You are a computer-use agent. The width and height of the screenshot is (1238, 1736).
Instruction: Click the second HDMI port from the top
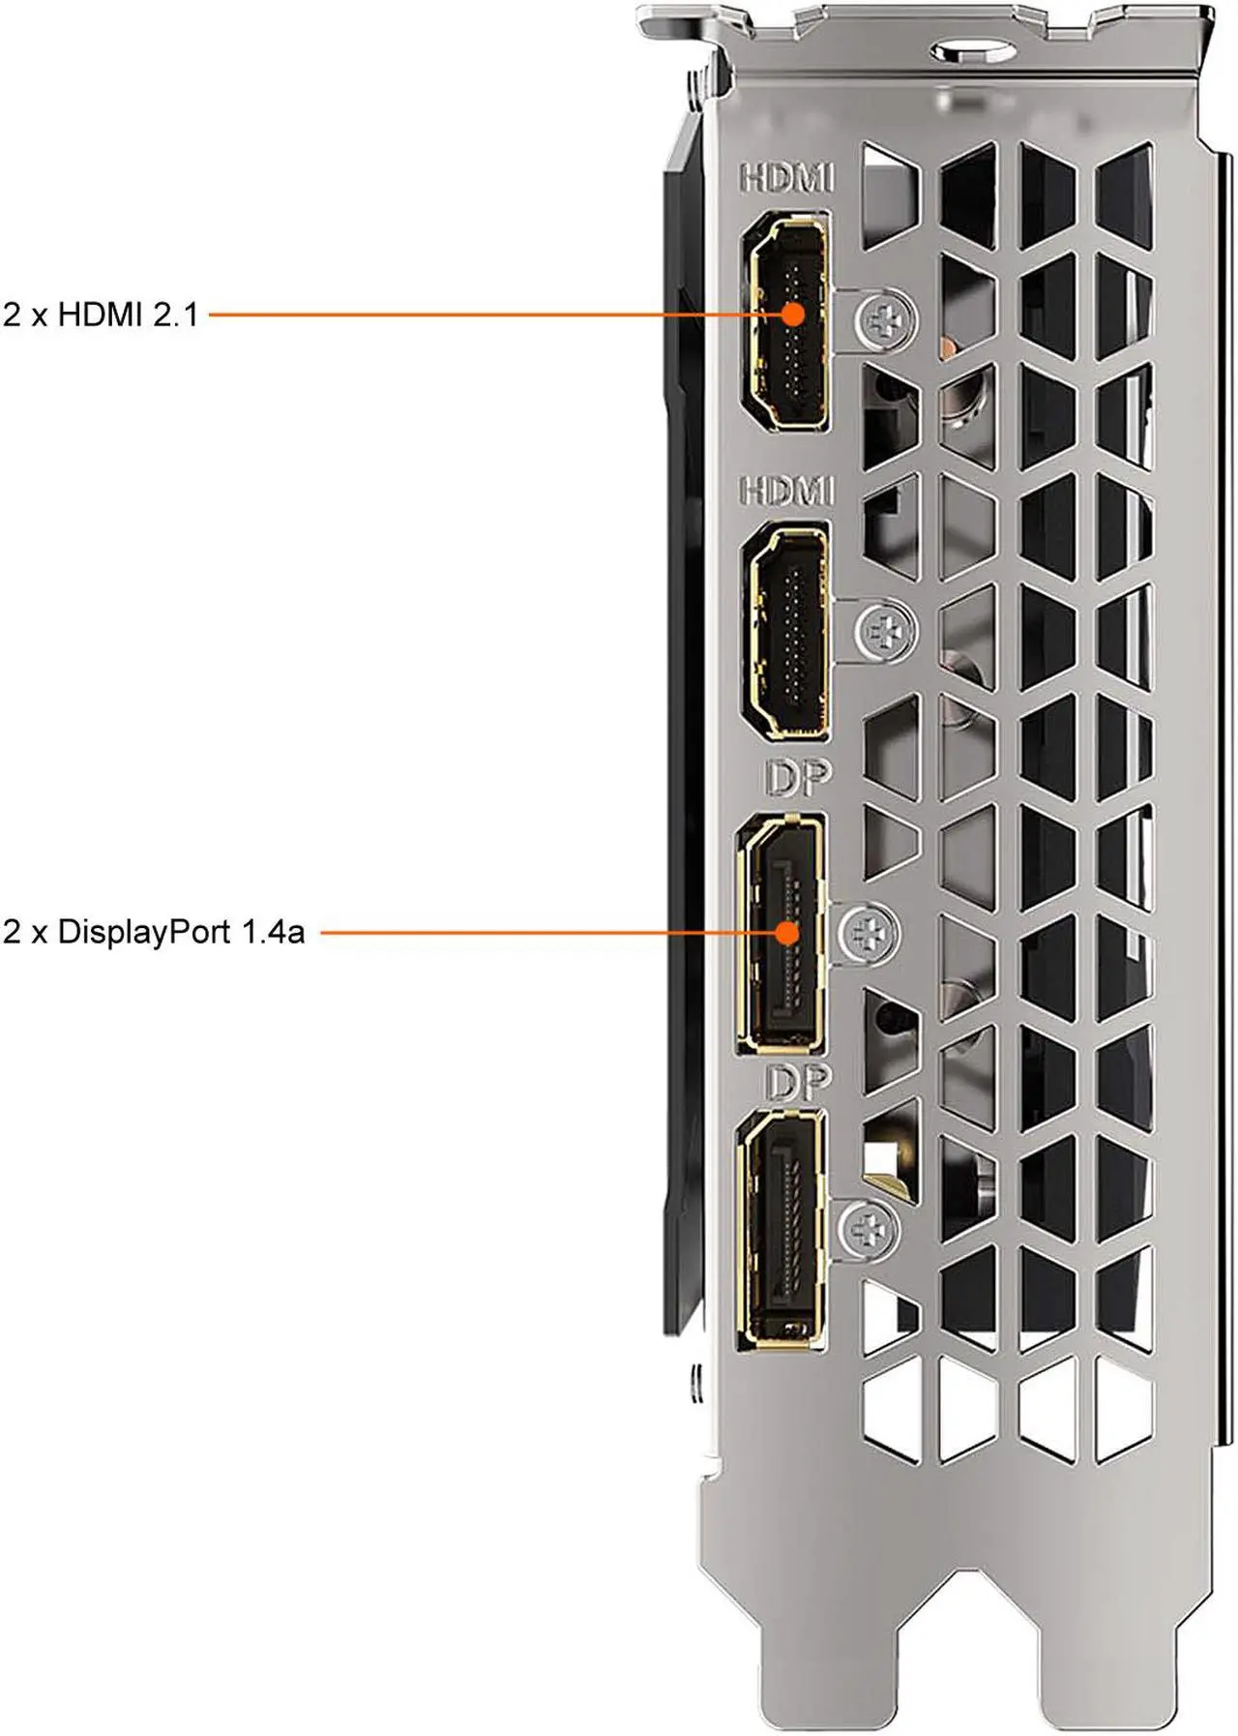click(x=785, y=631)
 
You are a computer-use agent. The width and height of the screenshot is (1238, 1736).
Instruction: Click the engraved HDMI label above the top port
click(x=786, y=178)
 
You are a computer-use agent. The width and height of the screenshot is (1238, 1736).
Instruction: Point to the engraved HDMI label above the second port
click(x=786, y=491)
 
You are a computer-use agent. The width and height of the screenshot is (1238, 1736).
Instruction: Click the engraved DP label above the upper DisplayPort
click(x=798, y=778)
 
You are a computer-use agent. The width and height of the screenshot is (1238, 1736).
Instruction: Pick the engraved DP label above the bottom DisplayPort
click(x=798, y=1082)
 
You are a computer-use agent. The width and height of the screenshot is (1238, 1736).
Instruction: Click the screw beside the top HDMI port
click(x=886, y=318)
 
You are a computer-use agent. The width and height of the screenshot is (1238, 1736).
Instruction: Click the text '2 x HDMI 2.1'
click(x=101, y=314)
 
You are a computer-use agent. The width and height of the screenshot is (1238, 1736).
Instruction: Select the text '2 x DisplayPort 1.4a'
click(x=154, y=932)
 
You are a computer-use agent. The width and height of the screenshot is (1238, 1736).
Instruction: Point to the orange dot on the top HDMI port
click(x=793, y=314)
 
